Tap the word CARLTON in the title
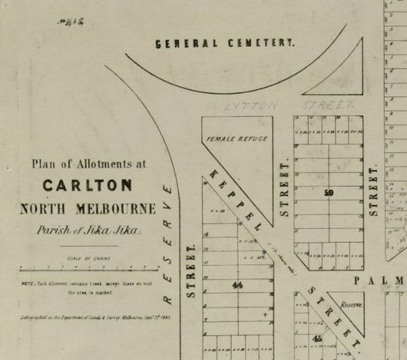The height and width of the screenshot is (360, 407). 87,186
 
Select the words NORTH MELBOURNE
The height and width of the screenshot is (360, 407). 88,208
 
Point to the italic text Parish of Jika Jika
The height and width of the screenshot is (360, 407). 89,230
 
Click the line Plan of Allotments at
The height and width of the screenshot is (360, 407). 89,164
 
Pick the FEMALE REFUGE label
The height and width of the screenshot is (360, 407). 237,139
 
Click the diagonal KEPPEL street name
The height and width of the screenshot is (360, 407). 239,199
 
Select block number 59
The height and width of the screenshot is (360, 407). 328,192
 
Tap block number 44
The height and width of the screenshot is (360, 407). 237,285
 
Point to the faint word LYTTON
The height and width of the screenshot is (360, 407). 251,106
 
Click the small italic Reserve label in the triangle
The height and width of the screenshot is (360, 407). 351,306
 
